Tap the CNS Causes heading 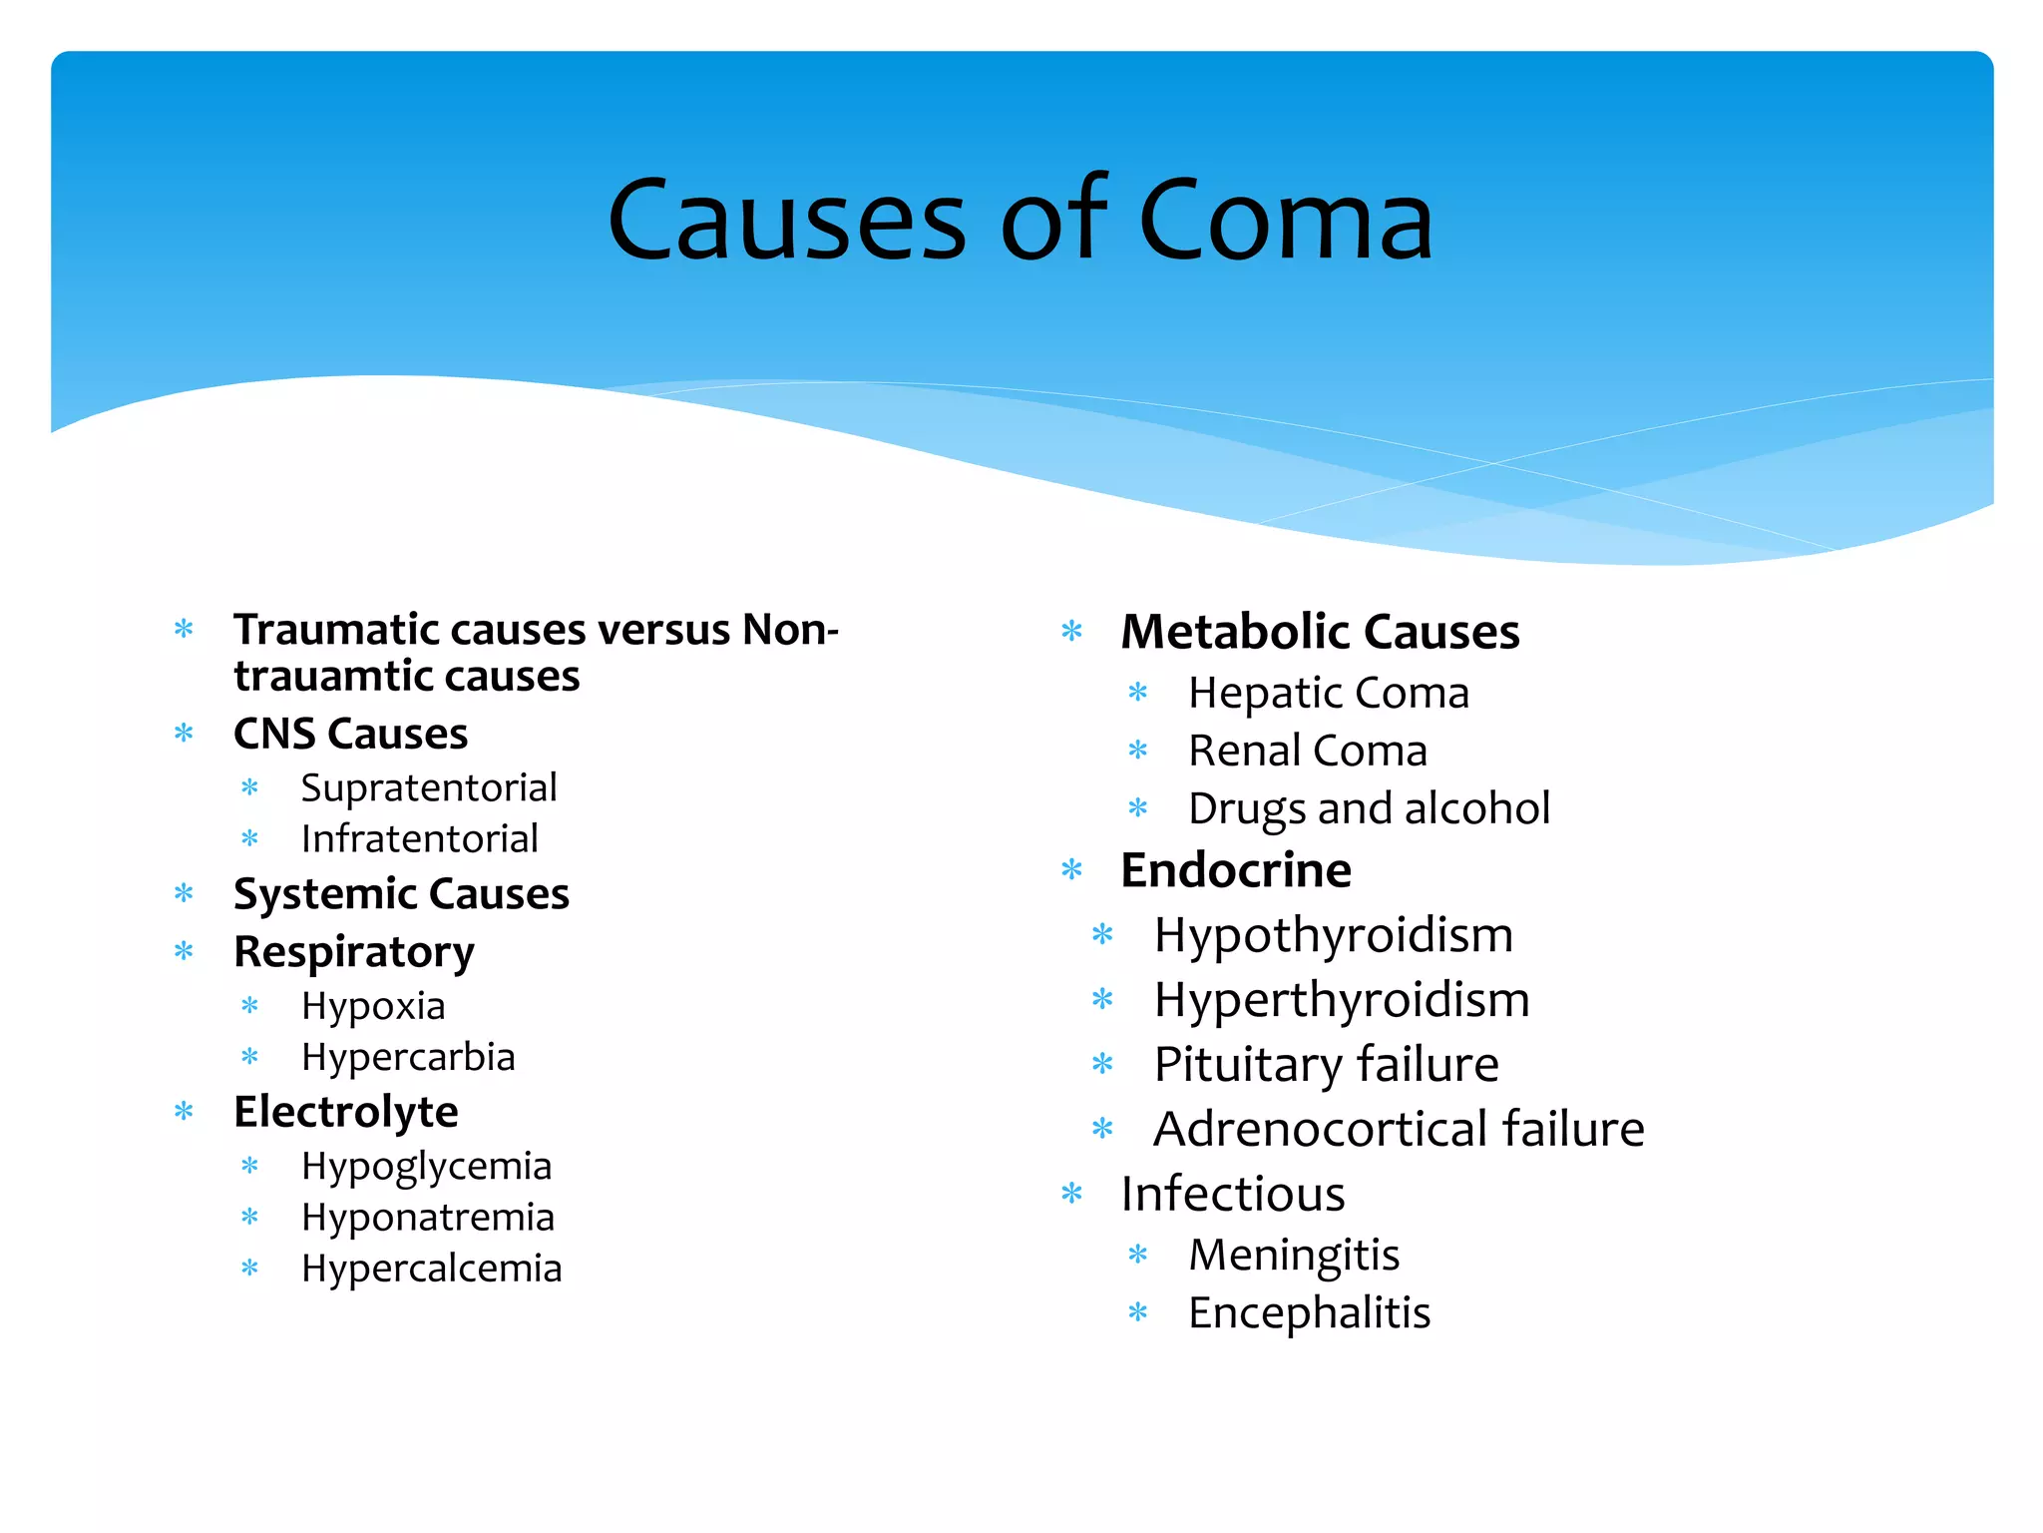(x=350, y=734)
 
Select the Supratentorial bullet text (x=429, y=787)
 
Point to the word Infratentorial (x=419, y=838)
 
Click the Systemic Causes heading (x=401, y=893)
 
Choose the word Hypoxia (x=373, y=1006)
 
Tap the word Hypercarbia (x=408, y=1057)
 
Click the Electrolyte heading (x=345, y=1112)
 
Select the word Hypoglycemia (x=426, y=1166)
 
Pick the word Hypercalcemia (x=431, y=1269)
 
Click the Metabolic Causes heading (x=1320, y=632)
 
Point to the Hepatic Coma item (x=1328, y=693)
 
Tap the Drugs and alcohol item (x=1369, y=808)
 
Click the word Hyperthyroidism (x=1342, y=999)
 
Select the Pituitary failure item (x=1326, y=1064)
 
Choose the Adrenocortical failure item (x=1399, y=1129)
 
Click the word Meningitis (x=1294, y=1255)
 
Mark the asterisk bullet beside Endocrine (x=1072, y=870)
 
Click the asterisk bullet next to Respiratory (x=185, y=951)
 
